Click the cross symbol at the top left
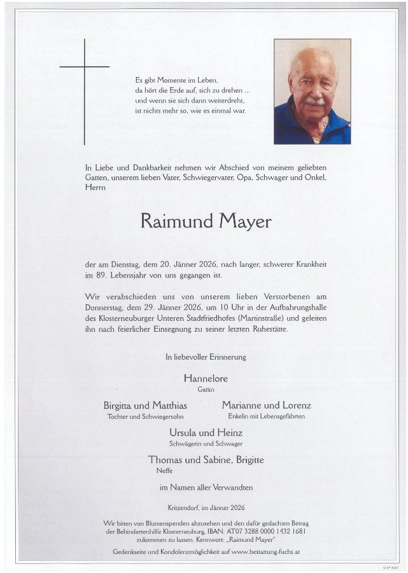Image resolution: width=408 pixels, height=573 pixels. click(85, 76)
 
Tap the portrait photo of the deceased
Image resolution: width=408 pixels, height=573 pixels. click(312, 92)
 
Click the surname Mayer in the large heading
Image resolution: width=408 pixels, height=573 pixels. click(245, 222)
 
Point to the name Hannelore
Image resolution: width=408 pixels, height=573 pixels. click(206, 379)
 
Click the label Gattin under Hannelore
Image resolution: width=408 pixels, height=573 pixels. click(206, 389)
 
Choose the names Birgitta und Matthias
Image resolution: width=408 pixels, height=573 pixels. click(145, 406)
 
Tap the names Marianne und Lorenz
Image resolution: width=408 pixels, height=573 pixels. click(266, 406)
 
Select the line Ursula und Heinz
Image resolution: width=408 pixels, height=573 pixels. click(206, 432)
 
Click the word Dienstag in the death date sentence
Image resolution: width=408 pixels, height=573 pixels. click(134, 264)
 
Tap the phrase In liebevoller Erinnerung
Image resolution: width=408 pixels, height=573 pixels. click(206, 358)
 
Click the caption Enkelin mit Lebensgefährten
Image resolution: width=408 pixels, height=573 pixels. click(266, 416)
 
